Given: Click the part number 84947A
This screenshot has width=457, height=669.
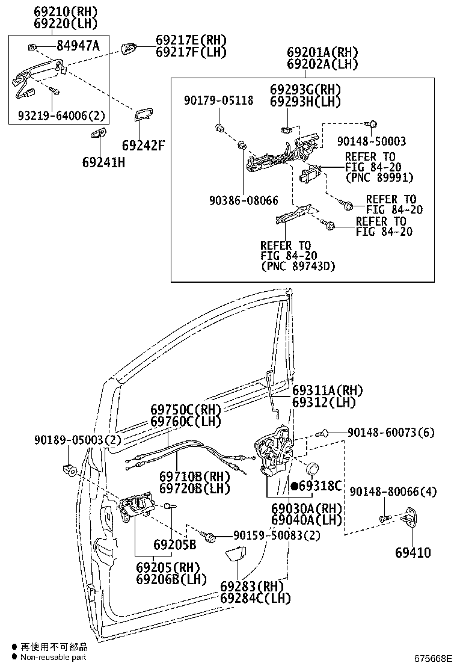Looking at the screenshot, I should [78, 46].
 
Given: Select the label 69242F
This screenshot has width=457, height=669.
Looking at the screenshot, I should [143, 145].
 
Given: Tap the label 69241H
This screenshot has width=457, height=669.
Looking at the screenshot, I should [103, 161].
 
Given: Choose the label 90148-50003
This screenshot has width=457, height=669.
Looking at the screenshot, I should [371, 141].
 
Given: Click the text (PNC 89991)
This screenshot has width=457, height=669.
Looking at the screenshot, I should [379, 177].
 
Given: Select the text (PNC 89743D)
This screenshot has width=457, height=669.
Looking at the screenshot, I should [298, 267].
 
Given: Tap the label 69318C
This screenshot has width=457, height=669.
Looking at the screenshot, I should [320, 486].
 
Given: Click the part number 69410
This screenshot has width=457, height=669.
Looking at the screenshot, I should [413, 552].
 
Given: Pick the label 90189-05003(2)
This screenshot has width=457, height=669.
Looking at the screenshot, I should [77, 440].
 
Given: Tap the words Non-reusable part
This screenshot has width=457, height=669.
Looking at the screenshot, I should [54, 658].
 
